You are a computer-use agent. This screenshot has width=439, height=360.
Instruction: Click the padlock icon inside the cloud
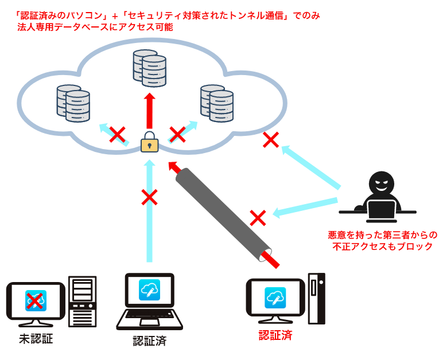pos(150,143)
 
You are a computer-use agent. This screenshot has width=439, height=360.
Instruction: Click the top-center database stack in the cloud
pos(149,68)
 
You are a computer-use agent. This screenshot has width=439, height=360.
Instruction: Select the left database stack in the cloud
pos(73,103)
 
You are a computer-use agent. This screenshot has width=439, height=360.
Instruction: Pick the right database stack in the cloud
pos(216,103)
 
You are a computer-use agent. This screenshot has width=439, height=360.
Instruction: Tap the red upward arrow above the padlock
pos(150,111)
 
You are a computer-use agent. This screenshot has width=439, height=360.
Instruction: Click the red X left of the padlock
pos(117,135)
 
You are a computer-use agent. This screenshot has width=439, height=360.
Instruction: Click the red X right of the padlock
pos(177,135)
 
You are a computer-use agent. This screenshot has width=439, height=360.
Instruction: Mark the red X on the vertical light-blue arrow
pos(149,197)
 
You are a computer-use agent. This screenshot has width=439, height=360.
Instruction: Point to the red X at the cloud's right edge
pos(271,139)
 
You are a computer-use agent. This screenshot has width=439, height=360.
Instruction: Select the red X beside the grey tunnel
pos(258,218)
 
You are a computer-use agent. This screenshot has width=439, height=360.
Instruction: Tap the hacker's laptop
pos(381,210)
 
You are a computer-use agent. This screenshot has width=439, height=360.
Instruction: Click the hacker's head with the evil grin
pos(381,183)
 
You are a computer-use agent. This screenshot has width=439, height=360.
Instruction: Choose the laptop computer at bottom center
pos(149,301)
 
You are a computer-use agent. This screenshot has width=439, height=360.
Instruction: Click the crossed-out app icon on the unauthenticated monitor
pos(35,300)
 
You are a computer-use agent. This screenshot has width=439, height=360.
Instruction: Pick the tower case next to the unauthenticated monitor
pos(83,301)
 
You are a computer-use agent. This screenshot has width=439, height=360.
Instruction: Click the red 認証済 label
pos(275,335)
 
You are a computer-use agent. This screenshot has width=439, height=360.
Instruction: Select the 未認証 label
pos(36,339)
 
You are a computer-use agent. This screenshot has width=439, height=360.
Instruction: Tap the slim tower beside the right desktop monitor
pos(316,298)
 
